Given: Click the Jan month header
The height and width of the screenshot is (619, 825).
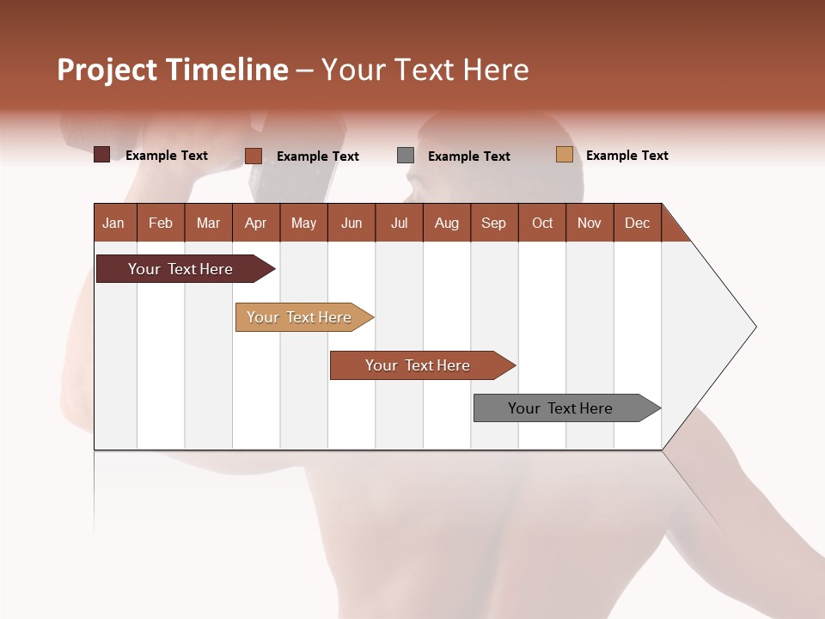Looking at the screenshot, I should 114,223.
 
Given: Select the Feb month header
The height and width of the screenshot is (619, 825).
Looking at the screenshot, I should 161,223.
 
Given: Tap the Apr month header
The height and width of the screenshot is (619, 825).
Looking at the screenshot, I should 255,223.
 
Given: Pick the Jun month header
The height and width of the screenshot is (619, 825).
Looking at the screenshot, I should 351,223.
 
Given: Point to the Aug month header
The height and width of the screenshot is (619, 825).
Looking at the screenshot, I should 446,223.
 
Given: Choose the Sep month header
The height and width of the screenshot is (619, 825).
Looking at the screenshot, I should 493,223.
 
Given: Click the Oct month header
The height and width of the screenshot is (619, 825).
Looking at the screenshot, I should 542,223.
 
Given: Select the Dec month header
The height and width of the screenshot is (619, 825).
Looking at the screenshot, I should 637,223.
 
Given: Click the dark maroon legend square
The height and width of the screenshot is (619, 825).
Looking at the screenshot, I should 102,155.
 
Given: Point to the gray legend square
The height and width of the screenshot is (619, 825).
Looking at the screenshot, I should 406,156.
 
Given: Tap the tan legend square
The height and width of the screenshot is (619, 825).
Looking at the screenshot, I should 564,155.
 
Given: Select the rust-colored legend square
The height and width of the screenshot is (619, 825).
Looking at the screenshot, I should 254,156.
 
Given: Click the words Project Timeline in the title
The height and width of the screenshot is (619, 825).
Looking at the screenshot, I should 173,70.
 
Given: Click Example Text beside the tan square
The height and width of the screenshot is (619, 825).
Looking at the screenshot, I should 626,156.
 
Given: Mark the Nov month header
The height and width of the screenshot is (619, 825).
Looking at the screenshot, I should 589,223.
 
